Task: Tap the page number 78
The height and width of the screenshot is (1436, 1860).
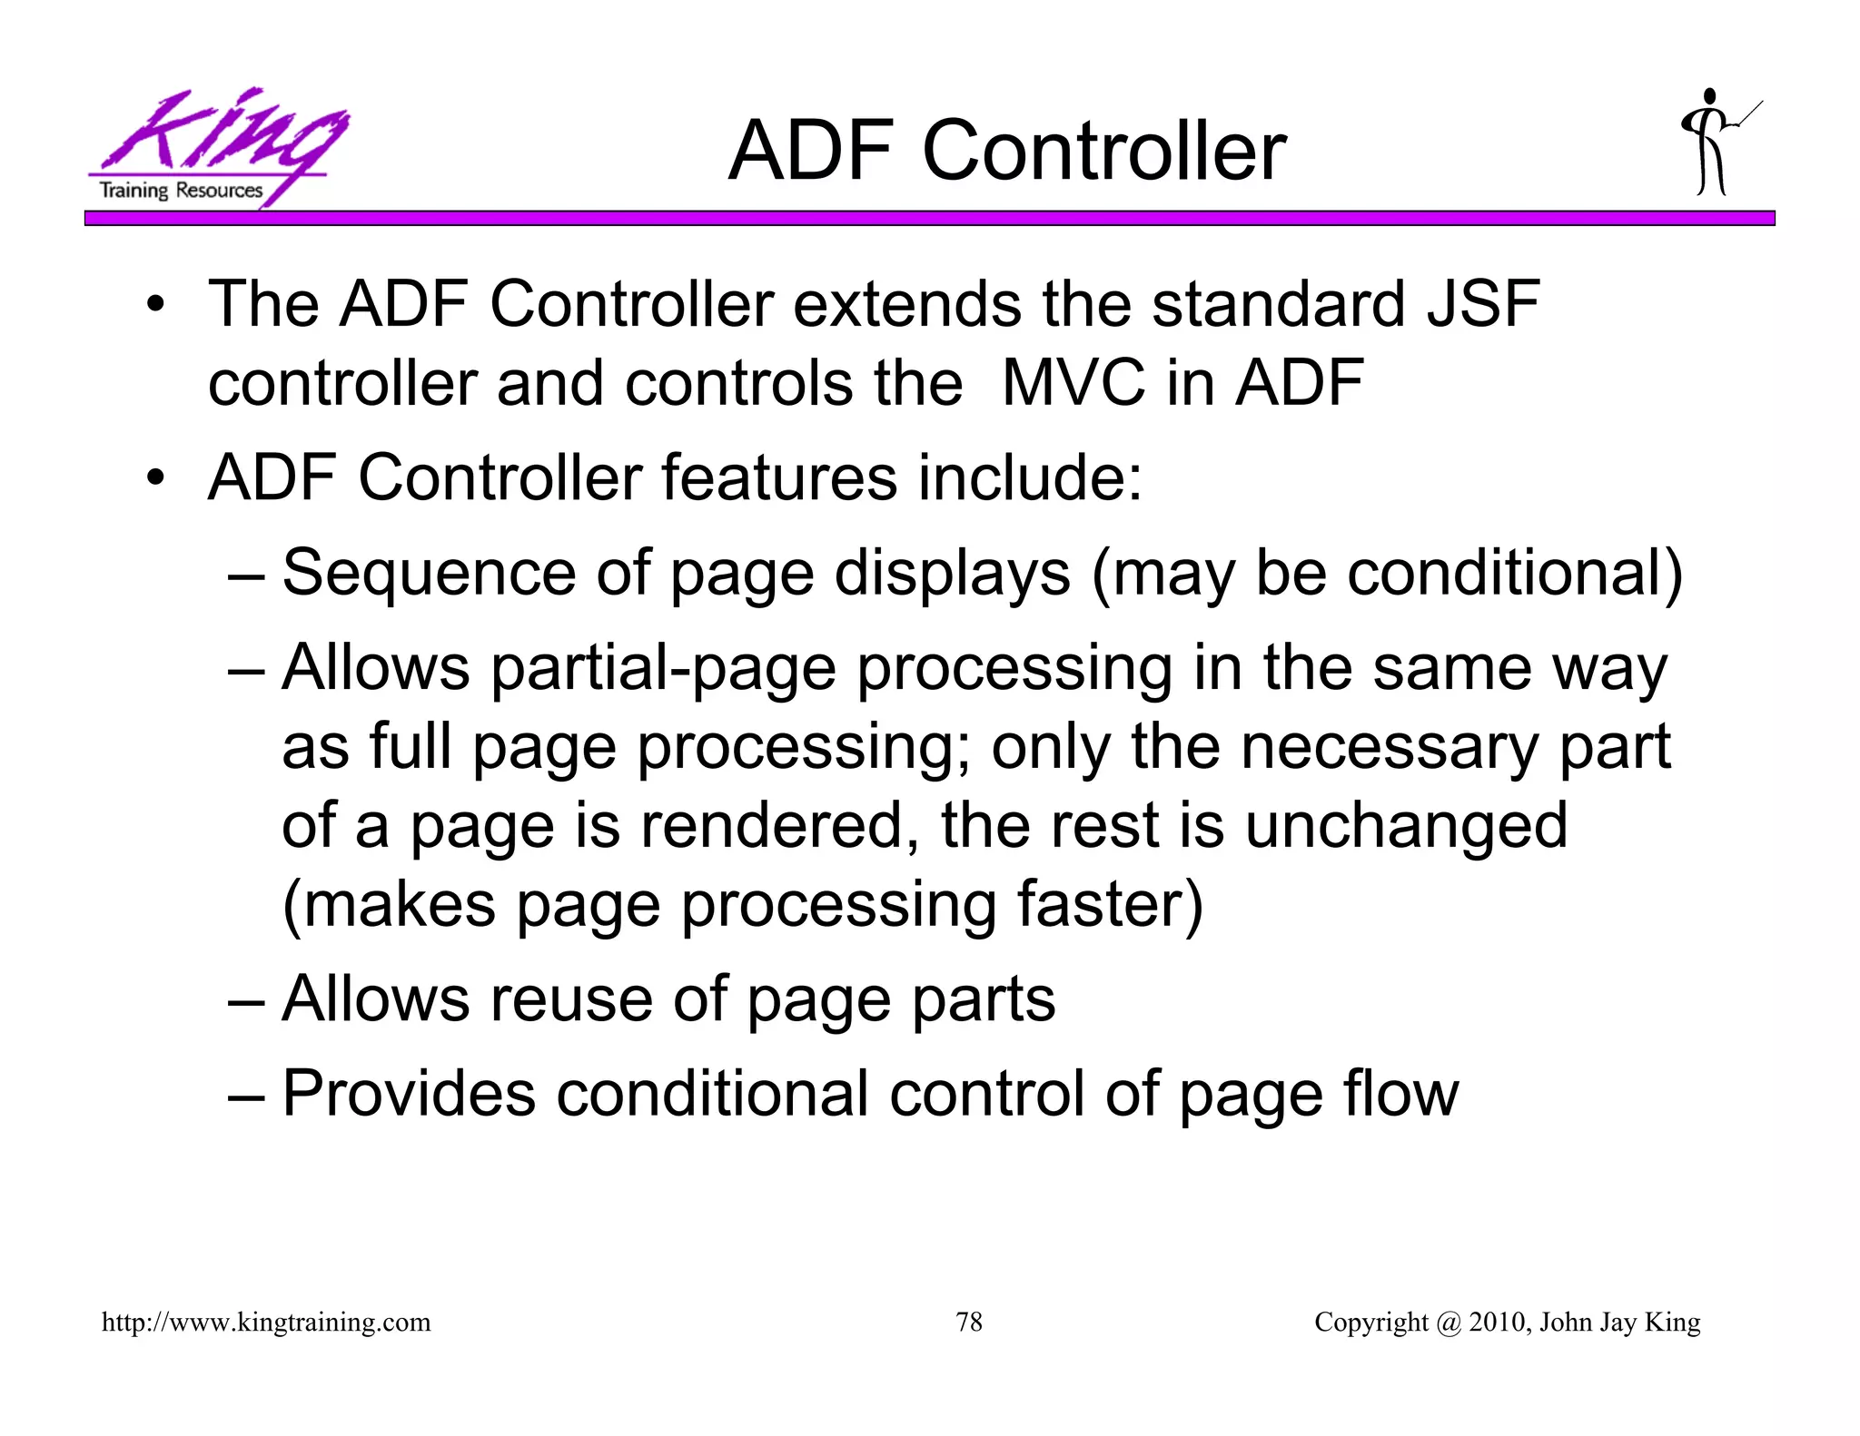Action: [x=969, y=1322]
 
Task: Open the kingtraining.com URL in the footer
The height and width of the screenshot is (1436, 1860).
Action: [x=266, y=1323]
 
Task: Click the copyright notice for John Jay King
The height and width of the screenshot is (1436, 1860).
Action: [x=1507, y=1323]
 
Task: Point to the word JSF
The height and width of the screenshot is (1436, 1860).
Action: [x=1483, y=304]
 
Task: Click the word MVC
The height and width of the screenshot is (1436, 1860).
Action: [x=1073, y=383]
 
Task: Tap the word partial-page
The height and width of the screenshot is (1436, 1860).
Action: [x=663, y=669]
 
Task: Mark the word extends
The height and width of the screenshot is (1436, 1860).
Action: [x=906, y=304]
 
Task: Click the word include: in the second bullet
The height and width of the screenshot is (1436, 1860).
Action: [x=1029, y=478]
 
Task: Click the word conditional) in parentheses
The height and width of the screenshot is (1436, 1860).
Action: [x=1514, y=574]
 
